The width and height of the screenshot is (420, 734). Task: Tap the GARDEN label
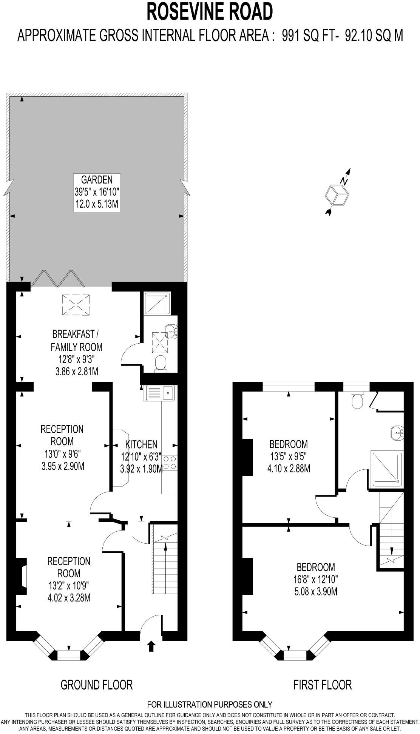click(x=97, y=179)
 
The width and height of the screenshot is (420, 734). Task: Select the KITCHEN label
click(x=141, y=444)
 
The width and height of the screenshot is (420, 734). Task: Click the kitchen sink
click(x=159, y=393)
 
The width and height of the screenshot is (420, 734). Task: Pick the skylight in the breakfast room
click(x=76, y=305)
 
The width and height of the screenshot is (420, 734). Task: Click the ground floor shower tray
click(x=157, y=304)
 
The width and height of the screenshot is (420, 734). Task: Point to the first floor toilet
click(x=357, y=401)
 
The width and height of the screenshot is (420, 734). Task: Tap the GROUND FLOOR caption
click(x=97, y=685)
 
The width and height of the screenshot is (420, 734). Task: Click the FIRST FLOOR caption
click(x=323, y=685)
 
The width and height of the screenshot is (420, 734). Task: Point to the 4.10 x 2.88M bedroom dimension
click(x=289, y=469)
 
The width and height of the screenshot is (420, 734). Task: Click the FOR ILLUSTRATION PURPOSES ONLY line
click(x=210, y=704)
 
